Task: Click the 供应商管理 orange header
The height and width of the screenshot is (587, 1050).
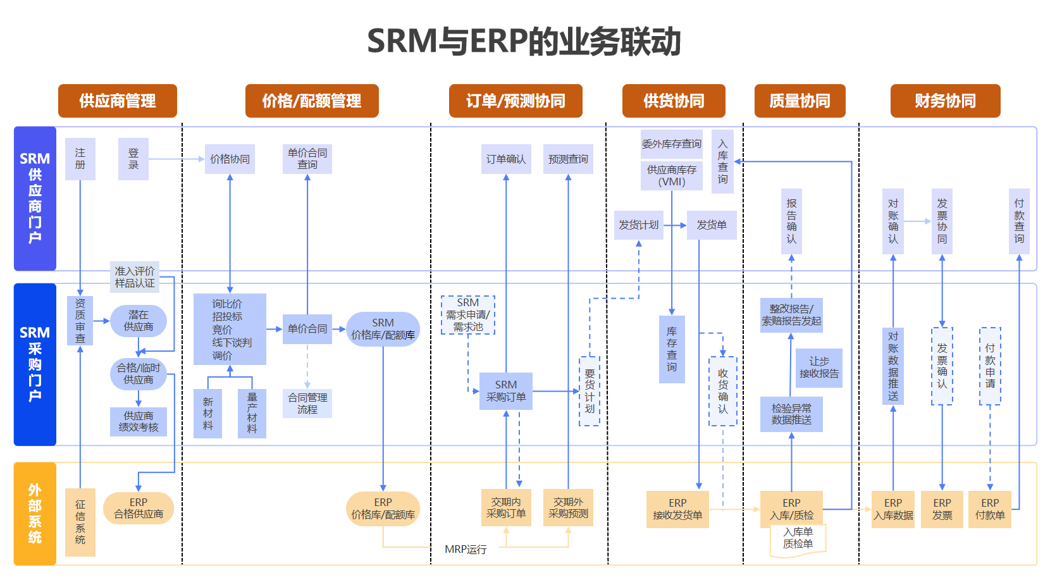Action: click(117, 101)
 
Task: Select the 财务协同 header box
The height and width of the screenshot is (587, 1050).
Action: click(945, 101)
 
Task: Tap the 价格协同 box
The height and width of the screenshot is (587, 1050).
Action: click(230, 159)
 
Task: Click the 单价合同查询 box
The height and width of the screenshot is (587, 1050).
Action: click(307, 159)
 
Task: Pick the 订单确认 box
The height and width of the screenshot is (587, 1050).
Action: click(506, 159)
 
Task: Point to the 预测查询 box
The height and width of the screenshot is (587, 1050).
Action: click(568, 159)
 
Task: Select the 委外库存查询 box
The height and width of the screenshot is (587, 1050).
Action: click(671, 144)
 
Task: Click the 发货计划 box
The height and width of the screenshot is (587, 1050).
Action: click(639, 225)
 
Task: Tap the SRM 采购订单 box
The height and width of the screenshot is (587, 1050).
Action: click(506, 391)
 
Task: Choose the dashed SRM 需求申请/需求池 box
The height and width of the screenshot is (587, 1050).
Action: click(468, 315)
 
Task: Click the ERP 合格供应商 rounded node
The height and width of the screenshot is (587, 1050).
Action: click(139, 509)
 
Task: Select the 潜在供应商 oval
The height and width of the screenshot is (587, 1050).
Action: click(139, 321)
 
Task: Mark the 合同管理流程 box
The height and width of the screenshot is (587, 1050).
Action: click(307, 404)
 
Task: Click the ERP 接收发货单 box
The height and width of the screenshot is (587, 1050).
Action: click(677, 509)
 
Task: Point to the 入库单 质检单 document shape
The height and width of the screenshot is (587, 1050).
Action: click(798, 540)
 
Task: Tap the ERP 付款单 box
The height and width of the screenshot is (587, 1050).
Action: click(990, 509)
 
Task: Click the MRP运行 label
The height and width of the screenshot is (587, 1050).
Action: click(466, 550)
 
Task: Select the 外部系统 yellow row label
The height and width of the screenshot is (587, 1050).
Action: click(35, 514)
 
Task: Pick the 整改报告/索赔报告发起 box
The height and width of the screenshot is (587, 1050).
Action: click(791, 315)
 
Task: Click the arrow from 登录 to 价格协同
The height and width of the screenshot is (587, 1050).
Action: click(176, 159)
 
